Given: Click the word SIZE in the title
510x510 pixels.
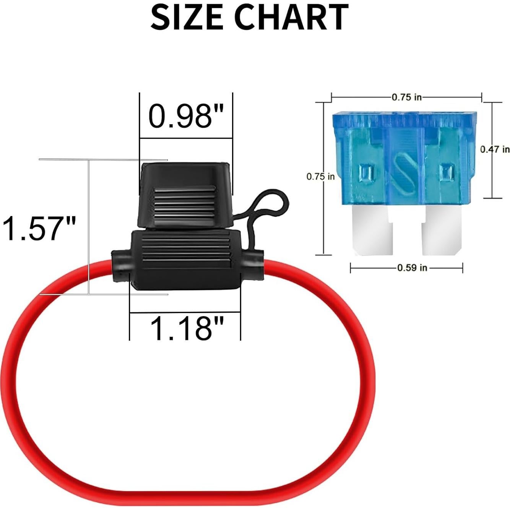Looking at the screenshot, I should pos(186,17).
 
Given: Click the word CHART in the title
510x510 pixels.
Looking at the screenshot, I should pos(291,17).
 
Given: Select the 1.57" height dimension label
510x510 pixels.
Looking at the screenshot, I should pos(40,229).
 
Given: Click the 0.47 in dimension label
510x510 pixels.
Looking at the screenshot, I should pos(495,149).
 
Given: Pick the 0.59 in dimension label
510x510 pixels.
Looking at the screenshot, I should pos(412,268).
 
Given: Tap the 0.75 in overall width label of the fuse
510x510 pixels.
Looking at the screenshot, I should pos(406,97).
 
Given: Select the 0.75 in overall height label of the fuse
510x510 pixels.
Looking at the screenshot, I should pos(320,176).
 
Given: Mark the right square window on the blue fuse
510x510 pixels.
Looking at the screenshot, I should pos(446,173).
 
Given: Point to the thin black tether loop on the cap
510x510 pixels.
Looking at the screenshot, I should pos(268,206).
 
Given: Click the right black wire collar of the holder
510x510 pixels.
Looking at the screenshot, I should pos(252,265).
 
